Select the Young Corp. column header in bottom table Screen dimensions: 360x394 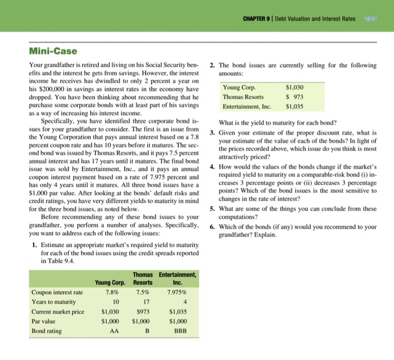pos(110,282)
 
